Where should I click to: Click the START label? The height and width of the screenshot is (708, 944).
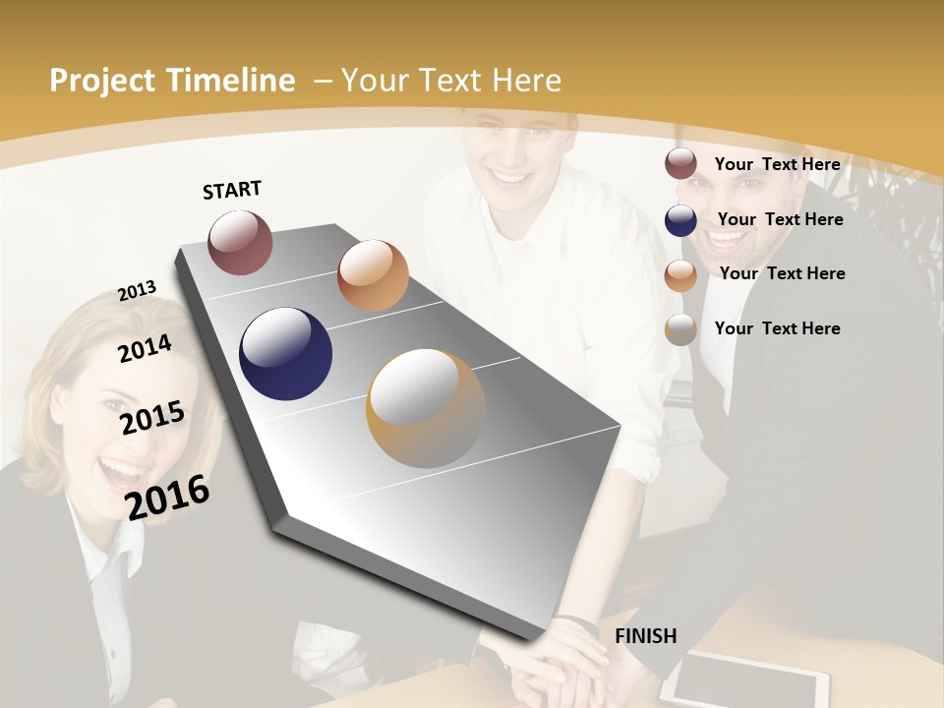coord(232,190)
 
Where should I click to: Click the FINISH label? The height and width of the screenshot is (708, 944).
coord(646,636)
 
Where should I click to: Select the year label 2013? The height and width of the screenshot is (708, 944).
coord(137,291)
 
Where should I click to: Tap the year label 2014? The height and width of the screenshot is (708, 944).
coord(145,348)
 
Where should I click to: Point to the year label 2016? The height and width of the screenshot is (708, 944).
coord(167,497)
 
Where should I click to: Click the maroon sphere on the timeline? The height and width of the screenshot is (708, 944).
coord(240,242)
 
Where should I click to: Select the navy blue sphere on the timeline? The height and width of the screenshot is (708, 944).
coord(285,354)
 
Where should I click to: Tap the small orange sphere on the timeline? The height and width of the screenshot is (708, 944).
coord(373,275)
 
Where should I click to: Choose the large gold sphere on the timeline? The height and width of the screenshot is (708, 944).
coord(426,408)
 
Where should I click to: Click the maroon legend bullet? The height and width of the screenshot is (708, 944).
coord(680,164)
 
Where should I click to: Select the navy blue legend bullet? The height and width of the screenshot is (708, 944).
coord(680,220)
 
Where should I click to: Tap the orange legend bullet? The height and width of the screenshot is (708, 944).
coord(680,275)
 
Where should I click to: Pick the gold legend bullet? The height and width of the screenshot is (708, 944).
coord(680,329)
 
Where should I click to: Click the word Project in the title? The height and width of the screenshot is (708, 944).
coord(102,81)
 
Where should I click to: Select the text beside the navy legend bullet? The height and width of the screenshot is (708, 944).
coord(780,219)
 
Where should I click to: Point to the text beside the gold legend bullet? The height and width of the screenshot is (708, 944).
coord(777,328)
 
